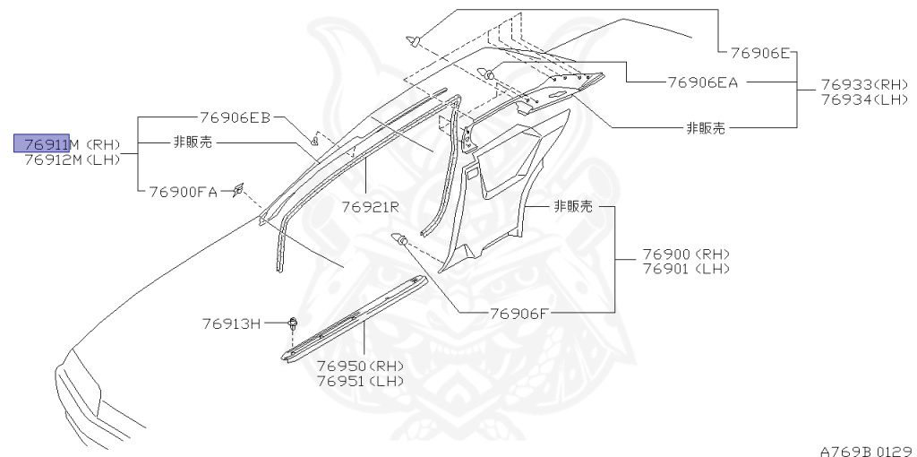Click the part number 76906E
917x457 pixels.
(x=759, y=53)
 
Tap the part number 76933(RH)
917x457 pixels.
(x=865, y=83)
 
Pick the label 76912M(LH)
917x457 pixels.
(x=72, y=160)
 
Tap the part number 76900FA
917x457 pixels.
(x=183, y=191)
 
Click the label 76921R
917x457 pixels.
(x=370, y=207)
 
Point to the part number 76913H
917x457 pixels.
(x=230, y=323)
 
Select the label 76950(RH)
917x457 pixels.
(x=361, y=366)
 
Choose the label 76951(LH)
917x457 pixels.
(x=361, y=380)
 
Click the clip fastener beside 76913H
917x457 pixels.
(x=293, y=323)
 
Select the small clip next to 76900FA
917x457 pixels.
(x=238, y=188)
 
